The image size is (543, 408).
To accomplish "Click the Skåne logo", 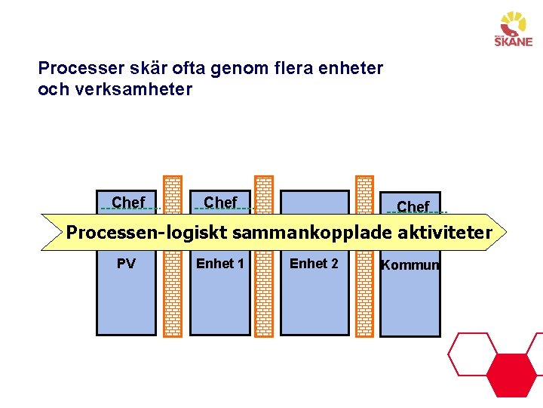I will click(513, 29).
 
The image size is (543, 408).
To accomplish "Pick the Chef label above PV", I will click(128, 202).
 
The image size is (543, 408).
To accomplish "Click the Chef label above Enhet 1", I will click(220, 202).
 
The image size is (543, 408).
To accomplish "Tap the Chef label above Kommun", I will click(413, 207).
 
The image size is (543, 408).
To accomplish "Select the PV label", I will click(126, 264).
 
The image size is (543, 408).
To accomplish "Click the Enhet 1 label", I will click(219, 264).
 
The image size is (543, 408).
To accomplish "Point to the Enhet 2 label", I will click(314, 264).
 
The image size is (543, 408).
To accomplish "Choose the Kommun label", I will click(410, 265).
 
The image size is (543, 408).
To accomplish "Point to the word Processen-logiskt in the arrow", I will click(146, 233).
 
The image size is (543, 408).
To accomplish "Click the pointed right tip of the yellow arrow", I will click(507, 232).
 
